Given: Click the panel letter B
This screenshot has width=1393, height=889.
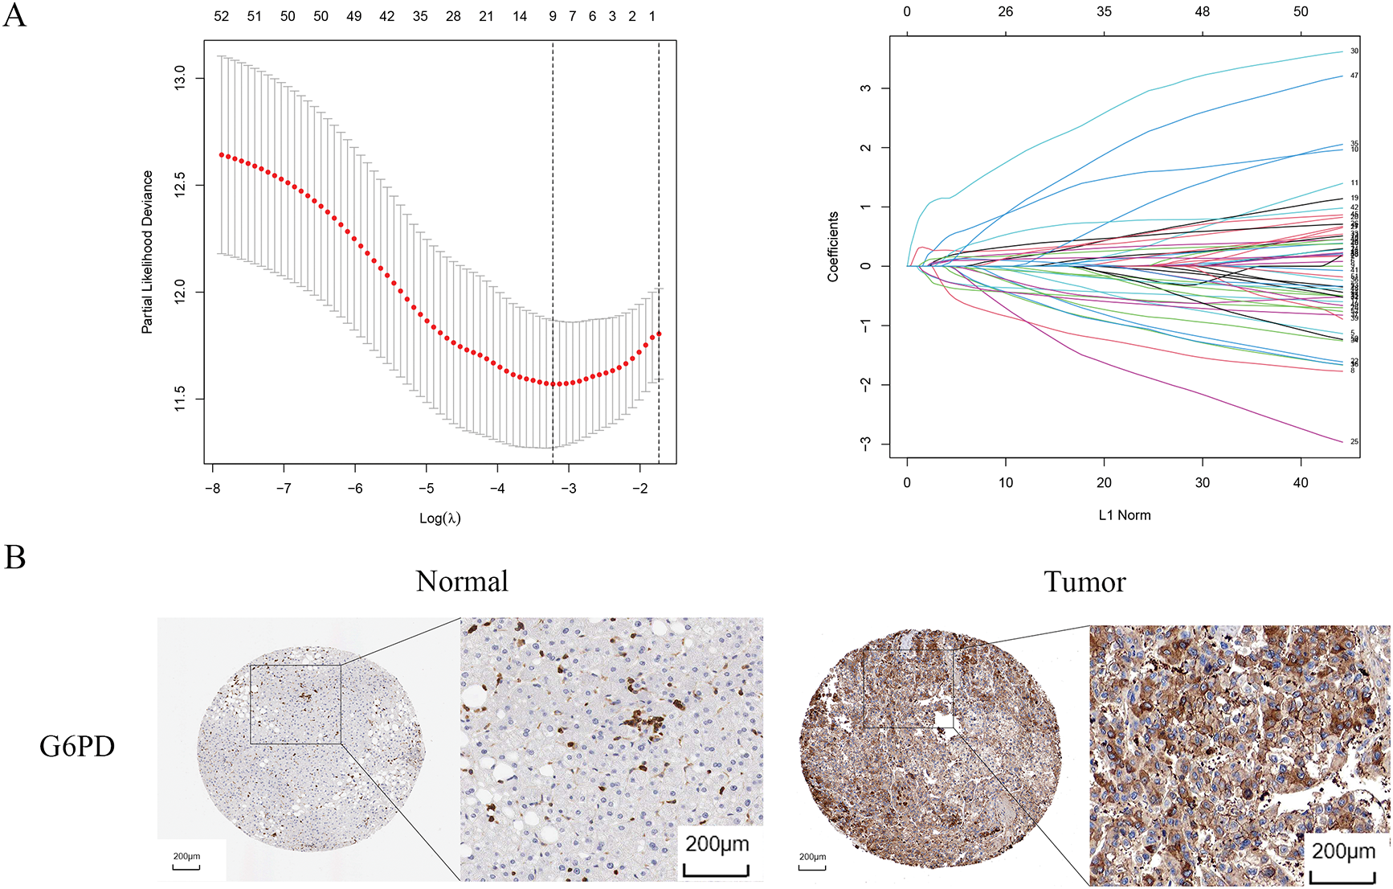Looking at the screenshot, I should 14,557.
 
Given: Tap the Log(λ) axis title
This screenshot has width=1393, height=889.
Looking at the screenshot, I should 440,518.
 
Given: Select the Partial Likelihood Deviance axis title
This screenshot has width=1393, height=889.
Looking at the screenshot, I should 147,252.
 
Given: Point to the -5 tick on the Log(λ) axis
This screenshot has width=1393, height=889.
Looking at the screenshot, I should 427,488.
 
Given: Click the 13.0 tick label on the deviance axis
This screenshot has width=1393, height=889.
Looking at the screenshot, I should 180,78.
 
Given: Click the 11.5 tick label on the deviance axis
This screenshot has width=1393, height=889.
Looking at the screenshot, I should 180,399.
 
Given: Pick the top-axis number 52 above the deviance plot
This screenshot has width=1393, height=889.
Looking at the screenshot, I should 222,16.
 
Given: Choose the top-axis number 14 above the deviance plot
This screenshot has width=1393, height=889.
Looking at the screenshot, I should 520,16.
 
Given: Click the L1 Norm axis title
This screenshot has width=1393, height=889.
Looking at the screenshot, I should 1125,515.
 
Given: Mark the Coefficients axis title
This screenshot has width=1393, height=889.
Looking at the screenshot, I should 833,247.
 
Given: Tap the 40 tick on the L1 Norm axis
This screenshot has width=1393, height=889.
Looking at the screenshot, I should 1301,483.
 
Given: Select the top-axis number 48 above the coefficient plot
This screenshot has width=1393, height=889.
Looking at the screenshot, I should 1203,12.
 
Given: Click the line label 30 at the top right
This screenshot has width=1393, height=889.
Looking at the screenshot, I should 1354,51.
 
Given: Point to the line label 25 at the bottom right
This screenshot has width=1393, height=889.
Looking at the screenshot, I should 1354,441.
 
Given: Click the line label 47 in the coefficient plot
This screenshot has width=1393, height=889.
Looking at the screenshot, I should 1354,76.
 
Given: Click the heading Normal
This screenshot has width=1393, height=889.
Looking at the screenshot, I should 462,581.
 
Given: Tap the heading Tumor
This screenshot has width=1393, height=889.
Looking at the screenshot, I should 1085,581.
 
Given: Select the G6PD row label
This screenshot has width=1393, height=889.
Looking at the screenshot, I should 77,747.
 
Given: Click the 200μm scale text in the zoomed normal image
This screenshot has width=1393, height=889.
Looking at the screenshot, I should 717,844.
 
